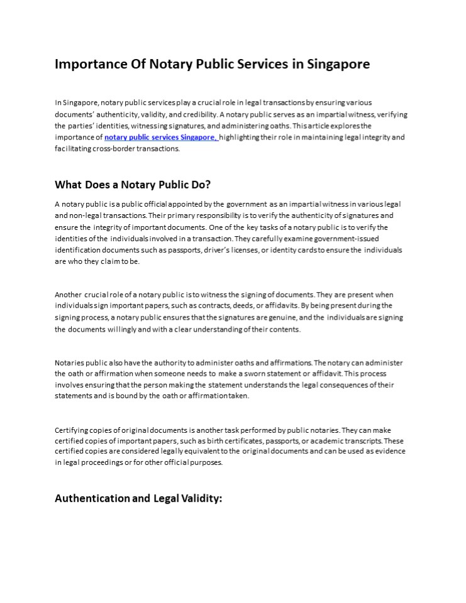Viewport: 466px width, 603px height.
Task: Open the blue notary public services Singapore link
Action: click(161, 137)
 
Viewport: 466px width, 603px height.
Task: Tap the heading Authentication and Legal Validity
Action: click(138, 498)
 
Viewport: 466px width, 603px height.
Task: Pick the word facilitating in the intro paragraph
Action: click(73, 149)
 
